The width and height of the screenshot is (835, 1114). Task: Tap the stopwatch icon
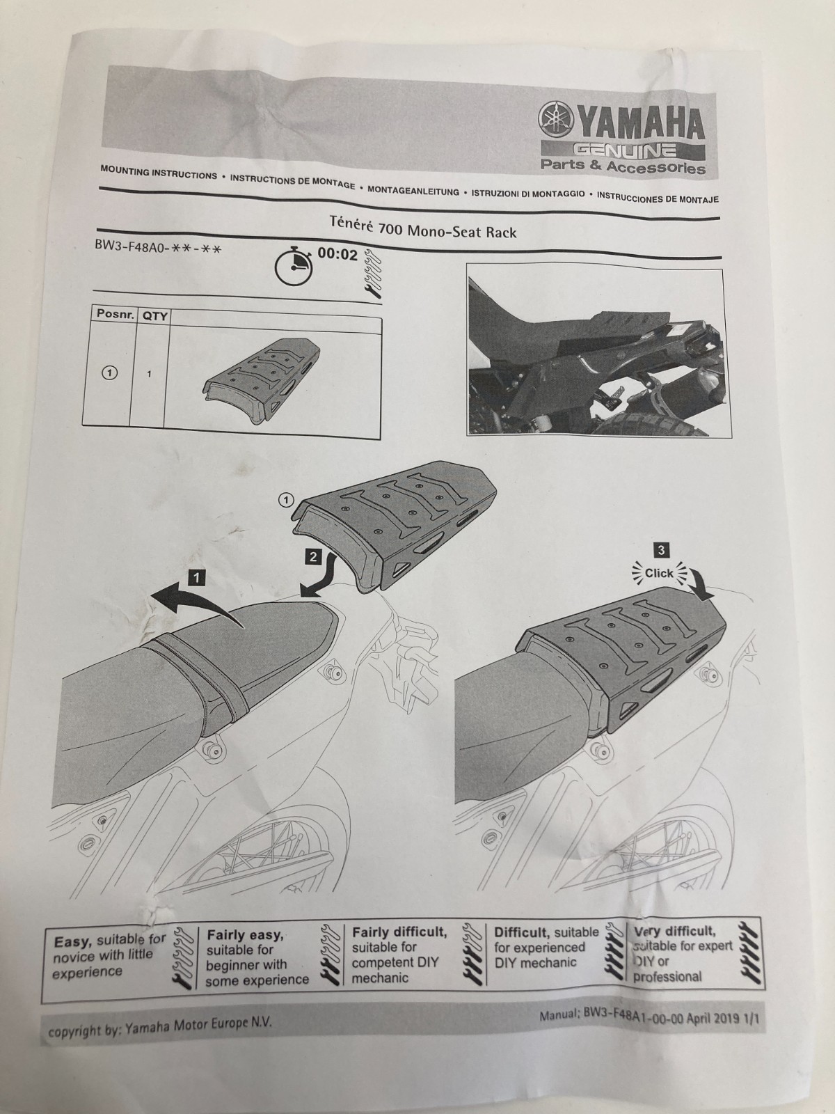coord(292,265)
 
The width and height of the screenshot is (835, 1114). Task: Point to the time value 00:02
coord(337,254)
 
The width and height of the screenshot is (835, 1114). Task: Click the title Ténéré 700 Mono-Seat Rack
coord(423,228)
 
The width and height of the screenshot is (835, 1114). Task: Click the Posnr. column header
coord(115,314)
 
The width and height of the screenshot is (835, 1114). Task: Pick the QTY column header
coord(154,316)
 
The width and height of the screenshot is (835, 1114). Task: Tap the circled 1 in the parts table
coord(109,373)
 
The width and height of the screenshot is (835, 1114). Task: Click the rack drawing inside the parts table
coord(262,375)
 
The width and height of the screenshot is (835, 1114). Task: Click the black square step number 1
coord(196,577)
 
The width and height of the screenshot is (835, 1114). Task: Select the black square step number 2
coord(313,557)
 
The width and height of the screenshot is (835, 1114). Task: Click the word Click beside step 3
coord(658,573)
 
